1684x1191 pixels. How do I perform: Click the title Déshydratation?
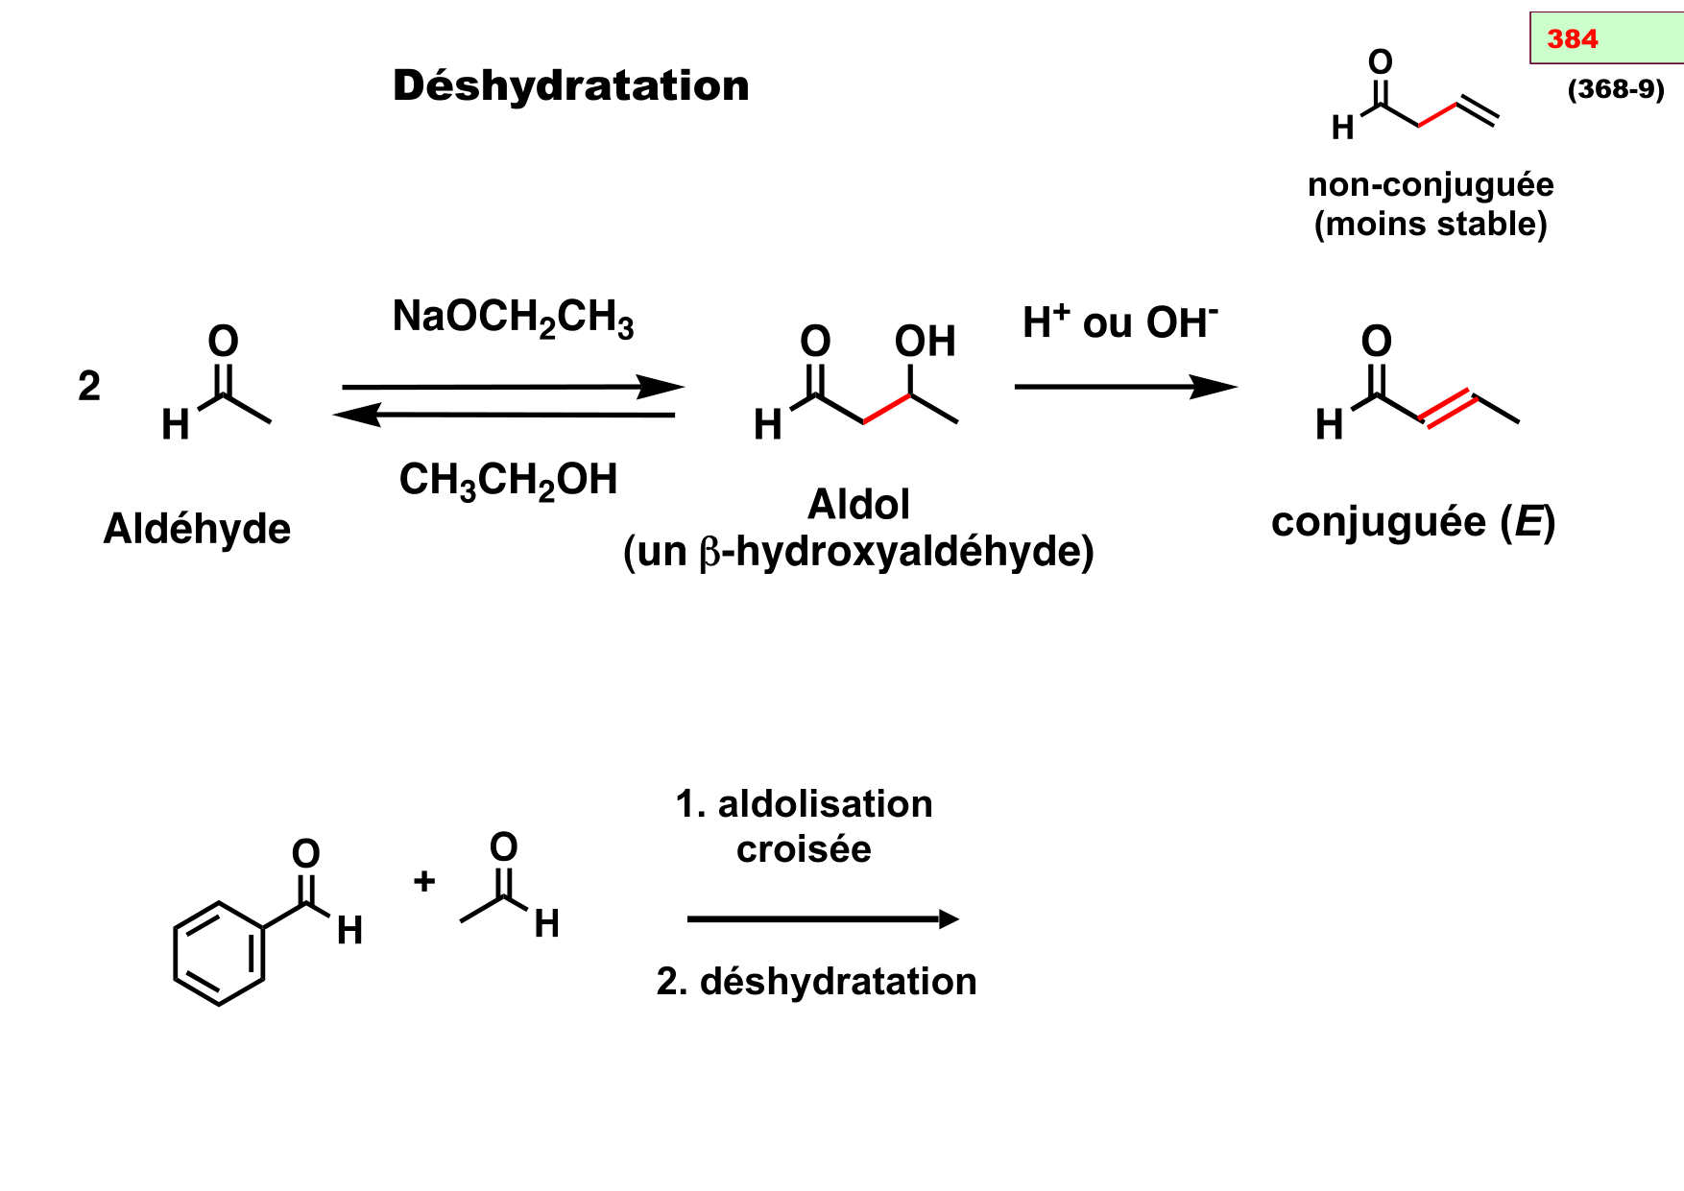coord(570,86)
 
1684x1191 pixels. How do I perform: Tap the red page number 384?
coord(1572,39)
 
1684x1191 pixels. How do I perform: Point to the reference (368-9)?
coord(1615,89)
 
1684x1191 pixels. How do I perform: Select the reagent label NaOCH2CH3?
coord(513,317)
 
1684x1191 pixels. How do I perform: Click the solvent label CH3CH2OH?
coord(508,480)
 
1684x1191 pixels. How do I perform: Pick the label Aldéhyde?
coord(197,529)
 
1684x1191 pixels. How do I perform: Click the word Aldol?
coord(858,505)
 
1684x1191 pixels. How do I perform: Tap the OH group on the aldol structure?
coord(925,342)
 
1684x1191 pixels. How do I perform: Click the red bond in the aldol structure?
coord(886,408)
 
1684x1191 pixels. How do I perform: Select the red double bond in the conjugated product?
coord(1447,408)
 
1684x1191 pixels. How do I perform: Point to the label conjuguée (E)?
coord(1412,523)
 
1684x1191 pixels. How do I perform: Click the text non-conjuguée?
coord(1430,184)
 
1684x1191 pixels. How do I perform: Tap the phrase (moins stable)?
coord(1430,225)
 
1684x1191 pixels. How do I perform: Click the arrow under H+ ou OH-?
coord(1124,388)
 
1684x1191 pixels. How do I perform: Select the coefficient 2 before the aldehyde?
coord(89,387)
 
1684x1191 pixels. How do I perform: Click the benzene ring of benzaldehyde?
coord(219,953)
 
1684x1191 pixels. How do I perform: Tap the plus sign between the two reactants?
coord(424,881)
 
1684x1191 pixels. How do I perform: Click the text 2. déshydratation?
coord(816,982)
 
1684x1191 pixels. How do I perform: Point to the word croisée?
coord(804,849)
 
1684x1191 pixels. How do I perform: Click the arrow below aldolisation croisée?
coord(822,919)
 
